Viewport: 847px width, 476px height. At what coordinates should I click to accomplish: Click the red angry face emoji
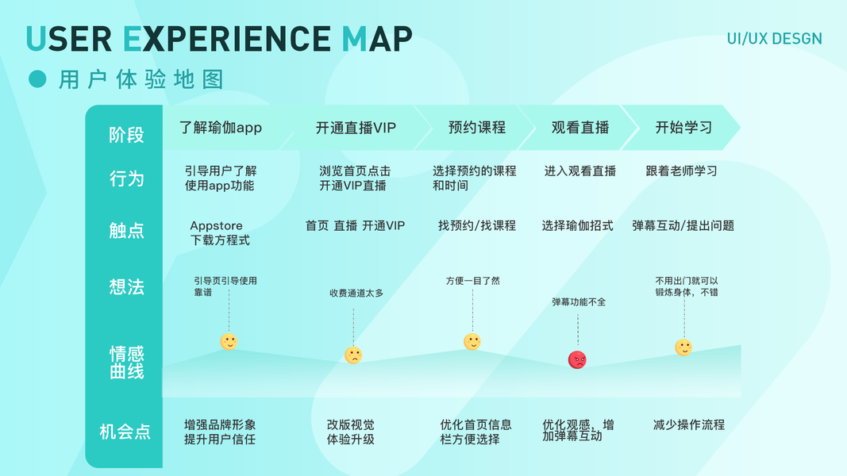point(577,359)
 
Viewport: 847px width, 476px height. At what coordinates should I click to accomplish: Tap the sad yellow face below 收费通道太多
point(353,355)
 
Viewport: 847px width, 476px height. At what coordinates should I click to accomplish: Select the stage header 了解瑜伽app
point(221,128)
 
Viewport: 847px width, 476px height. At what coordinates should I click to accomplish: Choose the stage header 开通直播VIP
point(356,128)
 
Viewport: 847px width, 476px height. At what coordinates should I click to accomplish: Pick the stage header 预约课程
point(476,128)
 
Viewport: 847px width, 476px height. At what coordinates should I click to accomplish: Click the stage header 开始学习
point(683,128)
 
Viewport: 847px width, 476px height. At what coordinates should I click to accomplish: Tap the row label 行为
point(127,178)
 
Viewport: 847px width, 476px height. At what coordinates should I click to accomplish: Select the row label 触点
point(127,230)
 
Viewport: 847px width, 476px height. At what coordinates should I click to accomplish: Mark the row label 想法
point(127,286)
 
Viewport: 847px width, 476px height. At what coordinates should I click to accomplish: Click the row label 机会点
point(125,432)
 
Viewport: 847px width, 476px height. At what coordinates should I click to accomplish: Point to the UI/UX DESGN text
point(774,39)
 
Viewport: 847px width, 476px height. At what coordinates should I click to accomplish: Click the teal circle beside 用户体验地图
point(37,79)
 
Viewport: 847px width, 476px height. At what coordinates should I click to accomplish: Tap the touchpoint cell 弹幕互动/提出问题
point(683,225)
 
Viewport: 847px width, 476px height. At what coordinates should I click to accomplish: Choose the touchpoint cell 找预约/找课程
point(476,225)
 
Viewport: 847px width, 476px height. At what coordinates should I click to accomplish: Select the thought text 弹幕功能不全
point(579,301)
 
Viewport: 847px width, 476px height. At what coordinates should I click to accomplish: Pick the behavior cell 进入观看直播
point(579,171)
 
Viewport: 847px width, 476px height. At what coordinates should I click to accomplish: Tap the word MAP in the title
point(377,39)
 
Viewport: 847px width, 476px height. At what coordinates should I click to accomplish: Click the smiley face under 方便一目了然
point(472,342)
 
